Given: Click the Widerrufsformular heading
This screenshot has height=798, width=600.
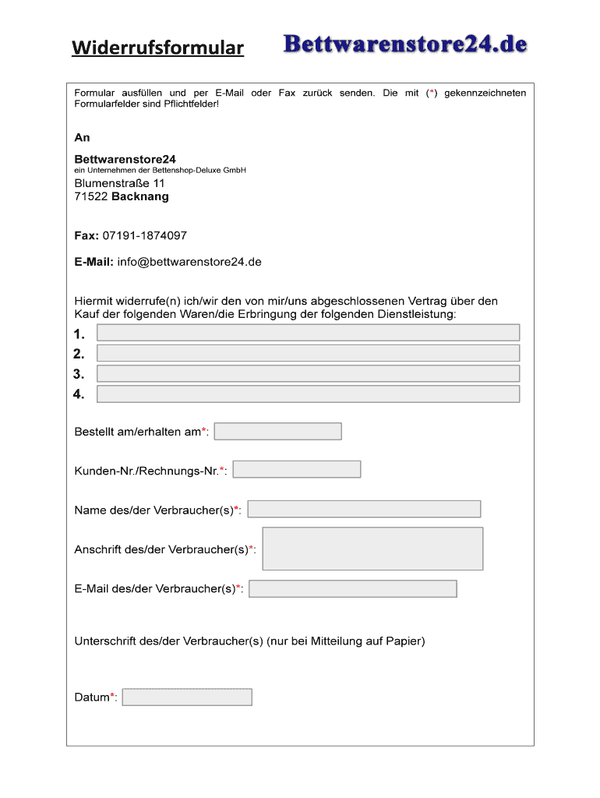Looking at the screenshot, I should tap(158, 49).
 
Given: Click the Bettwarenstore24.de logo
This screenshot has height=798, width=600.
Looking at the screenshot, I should tap(405, 44).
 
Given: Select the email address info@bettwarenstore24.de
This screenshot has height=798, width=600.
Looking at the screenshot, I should tap(189, 262).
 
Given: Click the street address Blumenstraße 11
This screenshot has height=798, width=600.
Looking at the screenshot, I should tap(119, 182).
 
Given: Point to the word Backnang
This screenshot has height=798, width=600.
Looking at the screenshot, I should tap(140, 196).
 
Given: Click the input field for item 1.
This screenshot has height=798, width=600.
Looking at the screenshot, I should tap(308, 333).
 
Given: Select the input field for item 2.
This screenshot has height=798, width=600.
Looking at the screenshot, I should tap(308, 353).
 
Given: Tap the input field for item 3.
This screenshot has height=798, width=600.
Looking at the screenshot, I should tap(308, 373).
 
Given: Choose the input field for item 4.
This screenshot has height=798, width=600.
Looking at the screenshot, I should tap(308, 394).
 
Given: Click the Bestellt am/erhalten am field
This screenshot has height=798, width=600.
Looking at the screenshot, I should tap(277, 431).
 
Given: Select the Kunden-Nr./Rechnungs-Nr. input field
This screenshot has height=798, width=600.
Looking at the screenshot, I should tap(297, 469).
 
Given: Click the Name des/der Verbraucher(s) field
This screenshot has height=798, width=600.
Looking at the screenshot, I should tap(364, 509).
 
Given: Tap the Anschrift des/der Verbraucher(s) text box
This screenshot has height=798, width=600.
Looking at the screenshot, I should tap(372, 549).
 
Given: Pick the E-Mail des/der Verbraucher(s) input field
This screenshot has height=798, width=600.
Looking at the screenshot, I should tap(353, 588).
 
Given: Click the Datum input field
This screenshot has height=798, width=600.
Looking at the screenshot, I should tap(188, 697).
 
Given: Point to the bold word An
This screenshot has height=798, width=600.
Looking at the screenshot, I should tap(83, 137).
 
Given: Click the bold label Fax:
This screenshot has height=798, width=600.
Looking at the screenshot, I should tap(86, 235).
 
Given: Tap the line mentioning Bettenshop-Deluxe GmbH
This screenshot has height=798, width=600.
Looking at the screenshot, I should tap(161, 170).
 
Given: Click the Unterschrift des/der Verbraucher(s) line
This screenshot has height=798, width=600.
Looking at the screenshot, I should tap(249, 641).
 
